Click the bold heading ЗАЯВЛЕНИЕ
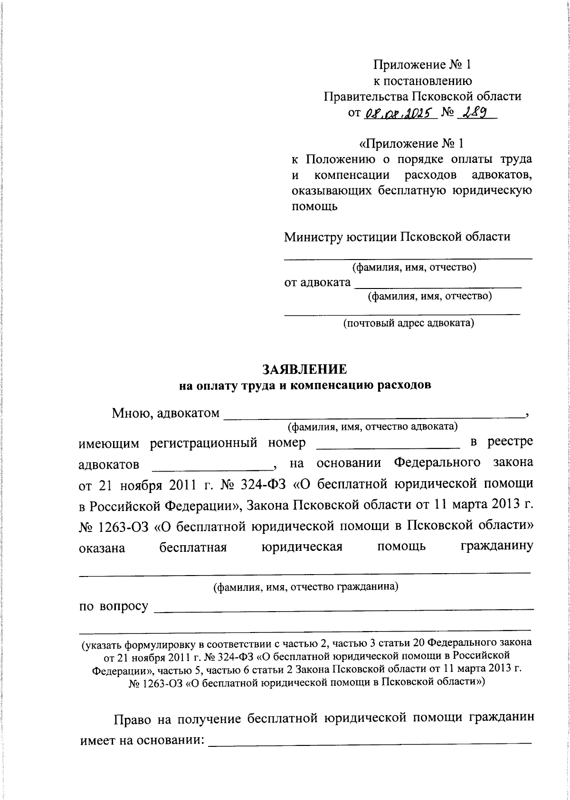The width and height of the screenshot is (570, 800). pos(304,370)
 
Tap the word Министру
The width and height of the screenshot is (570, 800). pos(313,237)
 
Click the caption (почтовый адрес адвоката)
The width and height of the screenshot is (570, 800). pos(408,324)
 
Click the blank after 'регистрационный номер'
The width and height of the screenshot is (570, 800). pos(388,444)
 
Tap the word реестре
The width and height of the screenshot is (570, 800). pos(510,442)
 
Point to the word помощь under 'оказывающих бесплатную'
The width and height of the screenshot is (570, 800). pos(314,207)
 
